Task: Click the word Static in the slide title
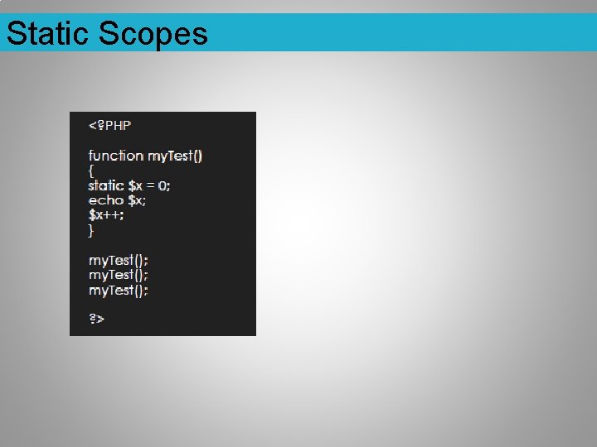(x=47, y=34)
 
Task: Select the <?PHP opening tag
(x=109, y=125)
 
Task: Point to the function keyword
(x=116, y=156)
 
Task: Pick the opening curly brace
(x=92, y=171)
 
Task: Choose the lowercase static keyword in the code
(x=106, y=185)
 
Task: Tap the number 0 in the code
(x=162, y=185)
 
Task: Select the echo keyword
(x=106, y=200)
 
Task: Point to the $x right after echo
(x=135, y=200)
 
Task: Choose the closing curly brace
(x=92, y=230)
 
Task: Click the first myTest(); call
(x=118, y=260)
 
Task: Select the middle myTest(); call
(x=118, y=275)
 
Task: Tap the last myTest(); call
(x=118, y=290)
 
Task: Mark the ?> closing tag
(x=96, y=319)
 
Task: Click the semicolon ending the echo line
(x=144, y=201)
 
